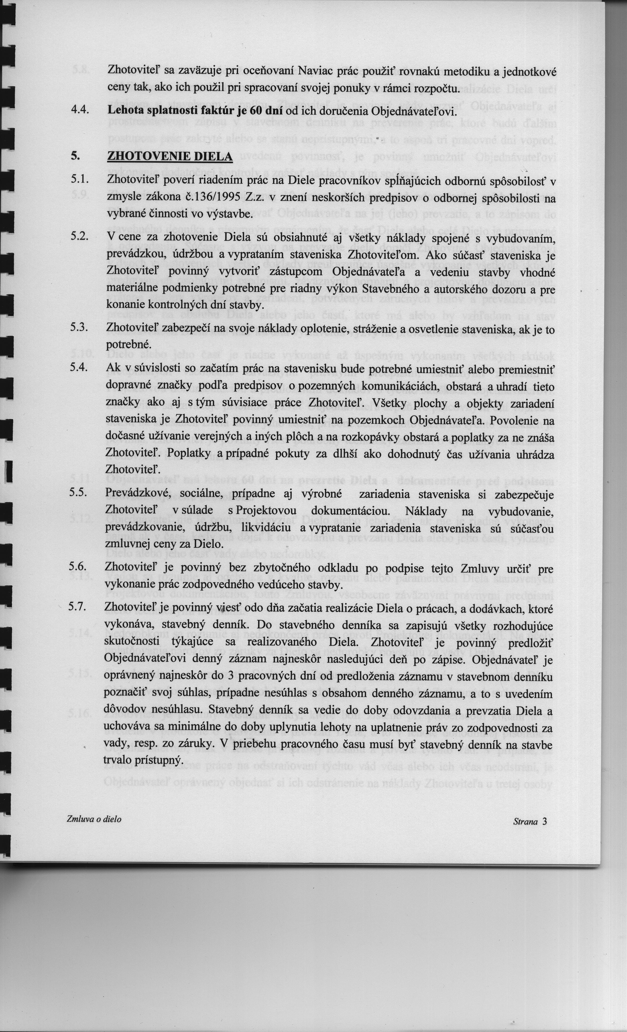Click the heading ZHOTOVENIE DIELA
tap(170, 156)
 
